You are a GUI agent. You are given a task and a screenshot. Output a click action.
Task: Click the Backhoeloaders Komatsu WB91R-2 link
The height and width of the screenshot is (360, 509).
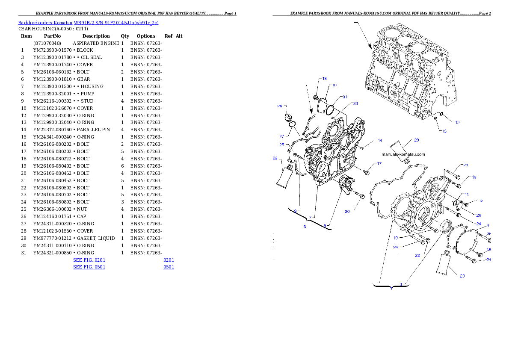[x=88, y=22]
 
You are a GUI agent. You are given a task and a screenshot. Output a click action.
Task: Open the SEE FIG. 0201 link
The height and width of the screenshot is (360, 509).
[x=89, y=260]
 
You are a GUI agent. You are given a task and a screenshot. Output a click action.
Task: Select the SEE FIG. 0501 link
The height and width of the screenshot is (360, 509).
[x=89, y=267]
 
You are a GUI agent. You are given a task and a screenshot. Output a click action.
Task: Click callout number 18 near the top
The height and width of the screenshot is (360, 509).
[x=324, y=79]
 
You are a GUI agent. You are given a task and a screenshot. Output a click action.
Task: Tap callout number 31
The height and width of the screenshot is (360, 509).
[x=344, y=97]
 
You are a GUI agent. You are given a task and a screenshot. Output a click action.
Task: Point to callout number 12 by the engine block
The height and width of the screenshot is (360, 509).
[x=457, y=123]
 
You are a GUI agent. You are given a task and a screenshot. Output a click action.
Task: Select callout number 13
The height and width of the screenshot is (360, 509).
[x=444, y=131]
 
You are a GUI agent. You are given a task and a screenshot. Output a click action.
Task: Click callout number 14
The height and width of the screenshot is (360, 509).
[x=379, y=140]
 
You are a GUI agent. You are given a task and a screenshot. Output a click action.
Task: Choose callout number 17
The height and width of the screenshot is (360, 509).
[x=379, y=164]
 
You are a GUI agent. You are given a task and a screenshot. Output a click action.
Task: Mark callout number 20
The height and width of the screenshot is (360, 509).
[x=347, y=211]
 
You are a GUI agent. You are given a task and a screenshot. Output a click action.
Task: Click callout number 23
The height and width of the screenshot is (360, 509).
[x=465, y=165]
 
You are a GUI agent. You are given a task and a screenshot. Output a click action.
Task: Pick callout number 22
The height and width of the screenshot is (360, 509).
[x=417, y=255]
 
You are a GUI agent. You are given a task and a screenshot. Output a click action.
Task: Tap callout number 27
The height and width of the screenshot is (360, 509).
[x=282, y=136]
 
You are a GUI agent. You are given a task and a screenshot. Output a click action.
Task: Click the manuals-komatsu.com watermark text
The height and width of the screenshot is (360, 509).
[x=403, y=154]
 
